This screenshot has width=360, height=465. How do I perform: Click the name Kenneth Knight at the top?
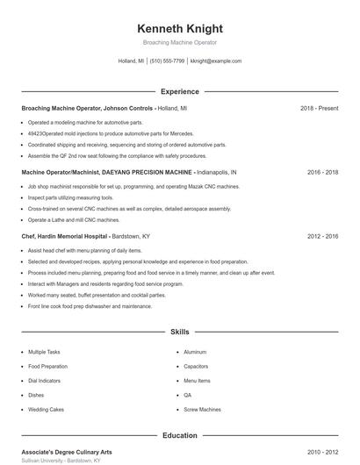click(x=179, y=28)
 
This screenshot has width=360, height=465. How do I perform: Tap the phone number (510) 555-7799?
click(x=167, y=61)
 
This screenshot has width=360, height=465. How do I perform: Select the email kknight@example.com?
click(x=216, y=61)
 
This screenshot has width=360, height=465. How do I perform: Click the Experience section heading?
click(x=179, y=91)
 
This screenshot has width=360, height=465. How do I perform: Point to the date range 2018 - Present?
click(x=319, y=108)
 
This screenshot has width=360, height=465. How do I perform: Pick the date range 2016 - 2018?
click(x=322, y=172)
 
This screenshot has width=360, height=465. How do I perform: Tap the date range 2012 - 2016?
click(x=322, y=236)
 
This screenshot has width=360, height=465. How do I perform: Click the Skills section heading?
click(x=179, y=333)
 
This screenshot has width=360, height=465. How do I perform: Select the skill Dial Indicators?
click(x=45, y=381)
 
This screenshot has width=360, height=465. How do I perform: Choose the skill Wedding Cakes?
click(x=46, y=409)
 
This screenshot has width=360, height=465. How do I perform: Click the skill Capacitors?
click(x=196, y=366)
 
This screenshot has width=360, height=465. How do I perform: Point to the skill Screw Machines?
click(x=202, y=409)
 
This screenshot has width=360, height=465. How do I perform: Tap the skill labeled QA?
click(x=187, y=395)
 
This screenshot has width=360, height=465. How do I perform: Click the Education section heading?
click(x=179, y=435)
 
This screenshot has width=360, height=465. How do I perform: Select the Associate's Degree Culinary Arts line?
click(x=67, y=452)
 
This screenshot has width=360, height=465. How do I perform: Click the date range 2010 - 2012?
click(x=322, y=452)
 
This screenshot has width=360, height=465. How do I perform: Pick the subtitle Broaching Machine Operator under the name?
click(x=179, y=42)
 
